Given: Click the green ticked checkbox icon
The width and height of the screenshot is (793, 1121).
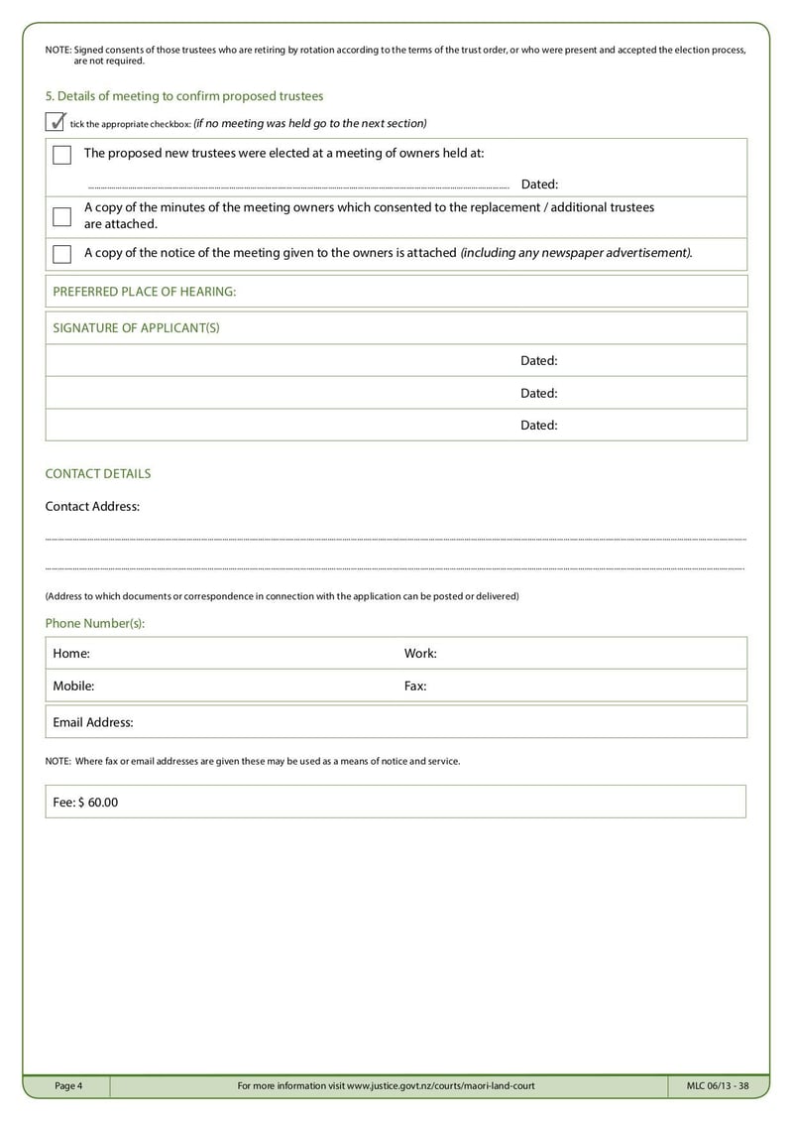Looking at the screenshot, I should click(56, 122).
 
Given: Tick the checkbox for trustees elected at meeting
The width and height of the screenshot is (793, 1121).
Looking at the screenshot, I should click(61, 155).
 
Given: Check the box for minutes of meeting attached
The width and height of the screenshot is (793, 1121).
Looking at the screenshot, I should click(61, 216).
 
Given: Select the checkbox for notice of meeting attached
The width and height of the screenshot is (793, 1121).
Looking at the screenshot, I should click(61, 254).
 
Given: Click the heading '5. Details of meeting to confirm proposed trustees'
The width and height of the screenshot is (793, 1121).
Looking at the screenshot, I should click(184, 96).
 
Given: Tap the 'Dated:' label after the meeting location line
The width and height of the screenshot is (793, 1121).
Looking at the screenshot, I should click(539, 185).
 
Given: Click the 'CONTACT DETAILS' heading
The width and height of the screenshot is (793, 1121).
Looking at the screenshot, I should click(98, 474).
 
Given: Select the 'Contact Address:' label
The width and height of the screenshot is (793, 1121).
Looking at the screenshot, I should click(92, 507).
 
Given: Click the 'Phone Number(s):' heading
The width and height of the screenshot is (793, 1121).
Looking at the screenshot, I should click(95, 623).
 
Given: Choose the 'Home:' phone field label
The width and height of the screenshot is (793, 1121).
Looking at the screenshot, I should click(71, 654).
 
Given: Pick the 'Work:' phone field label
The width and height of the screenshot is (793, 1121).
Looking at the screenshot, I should click(420, 654).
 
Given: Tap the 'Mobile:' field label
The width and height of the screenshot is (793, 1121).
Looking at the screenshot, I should click(73, 685).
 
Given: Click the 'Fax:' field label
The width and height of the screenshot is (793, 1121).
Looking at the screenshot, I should click(415, 685).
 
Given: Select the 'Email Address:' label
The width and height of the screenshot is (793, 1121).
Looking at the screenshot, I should click(93, 723).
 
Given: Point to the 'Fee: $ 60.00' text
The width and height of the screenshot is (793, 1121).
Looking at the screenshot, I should click(85, 802).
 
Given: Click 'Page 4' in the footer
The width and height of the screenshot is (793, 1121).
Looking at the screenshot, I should click(68, 1086).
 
